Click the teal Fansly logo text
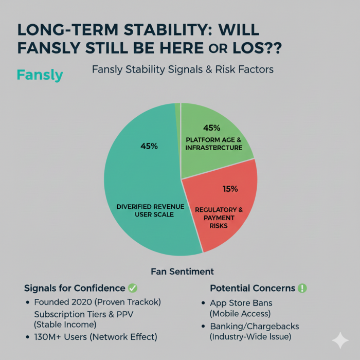(x=40, y=75)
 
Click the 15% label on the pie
(x=230, y=189)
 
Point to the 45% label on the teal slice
(x=149, y=146)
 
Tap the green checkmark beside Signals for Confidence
(x=133, y=288)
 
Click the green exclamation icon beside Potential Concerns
(x=302, y=288)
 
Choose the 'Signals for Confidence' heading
(x=75, y=288)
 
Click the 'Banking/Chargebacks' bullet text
(x=254, y=327)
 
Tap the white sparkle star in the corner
(x=340, y=341)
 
